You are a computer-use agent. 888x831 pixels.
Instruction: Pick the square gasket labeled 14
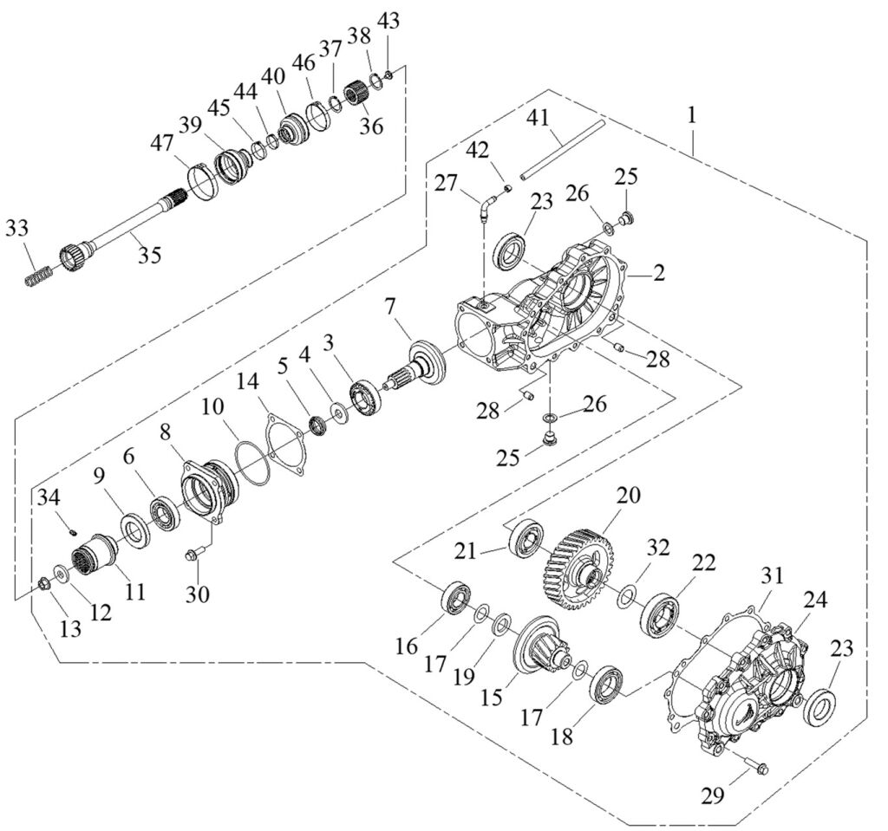[x=285, y=444]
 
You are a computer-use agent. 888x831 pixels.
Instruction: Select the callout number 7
[x=390, y=307]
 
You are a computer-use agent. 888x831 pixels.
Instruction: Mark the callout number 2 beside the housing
[x=659, y=274]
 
